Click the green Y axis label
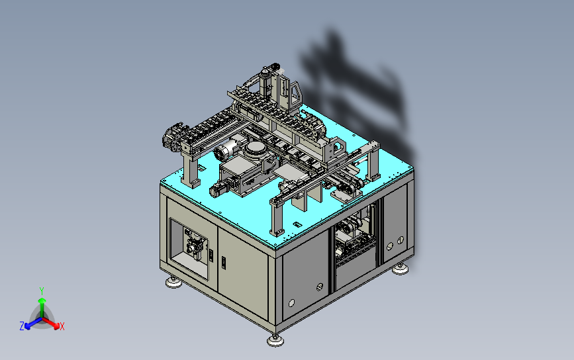point(42,291)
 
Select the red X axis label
point(62,326)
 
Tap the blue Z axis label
point(22,326)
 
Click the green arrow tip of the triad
point(42,300)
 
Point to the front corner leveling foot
point(275,340)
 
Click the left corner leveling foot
point(173,282)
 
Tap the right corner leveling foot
point(400,269)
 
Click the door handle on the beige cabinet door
point(224,263)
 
